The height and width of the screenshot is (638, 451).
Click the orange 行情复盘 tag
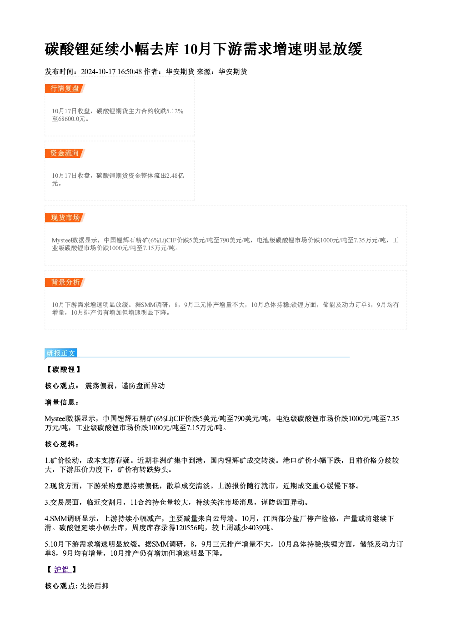pos(65,89)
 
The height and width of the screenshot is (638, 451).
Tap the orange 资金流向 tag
pos(65,153)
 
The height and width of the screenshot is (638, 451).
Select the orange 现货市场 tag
pos(65,218)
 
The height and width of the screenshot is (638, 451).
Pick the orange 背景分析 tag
pos(65,282)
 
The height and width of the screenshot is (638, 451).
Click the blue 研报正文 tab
pos(61,353)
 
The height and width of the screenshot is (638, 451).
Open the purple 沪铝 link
pos(62,569)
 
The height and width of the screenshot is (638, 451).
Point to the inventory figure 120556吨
pos(190,528)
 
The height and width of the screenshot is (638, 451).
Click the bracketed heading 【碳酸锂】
pos(63,369)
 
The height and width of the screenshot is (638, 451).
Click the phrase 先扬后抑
pos(94,586)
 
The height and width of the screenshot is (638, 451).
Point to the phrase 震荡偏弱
pos(100,386)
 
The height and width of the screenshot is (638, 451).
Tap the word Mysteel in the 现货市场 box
pos(62,241)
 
